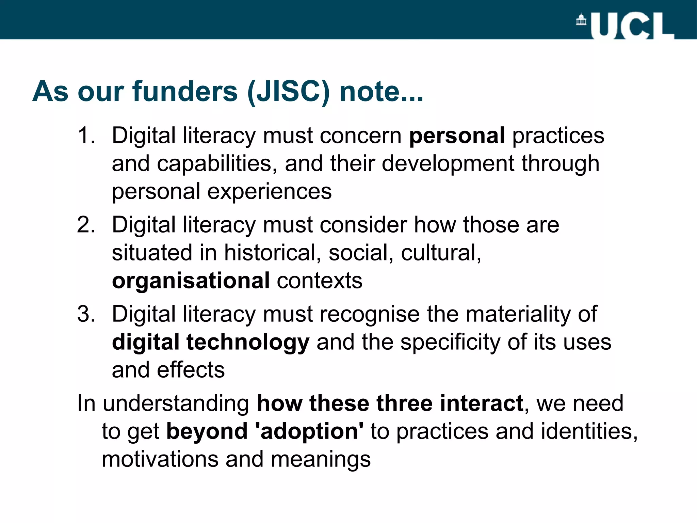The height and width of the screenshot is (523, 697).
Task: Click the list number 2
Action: pos(86,225)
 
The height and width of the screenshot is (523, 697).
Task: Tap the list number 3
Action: pos(86,314)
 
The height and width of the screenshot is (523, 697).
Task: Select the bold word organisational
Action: pos(191,281)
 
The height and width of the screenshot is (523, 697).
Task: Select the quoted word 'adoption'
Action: pos(309,431)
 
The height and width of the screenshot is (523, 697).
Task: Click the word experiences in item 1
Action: pos(269,192)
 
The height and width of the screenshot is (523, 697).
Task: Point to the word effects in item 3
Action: pos(191,370)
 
